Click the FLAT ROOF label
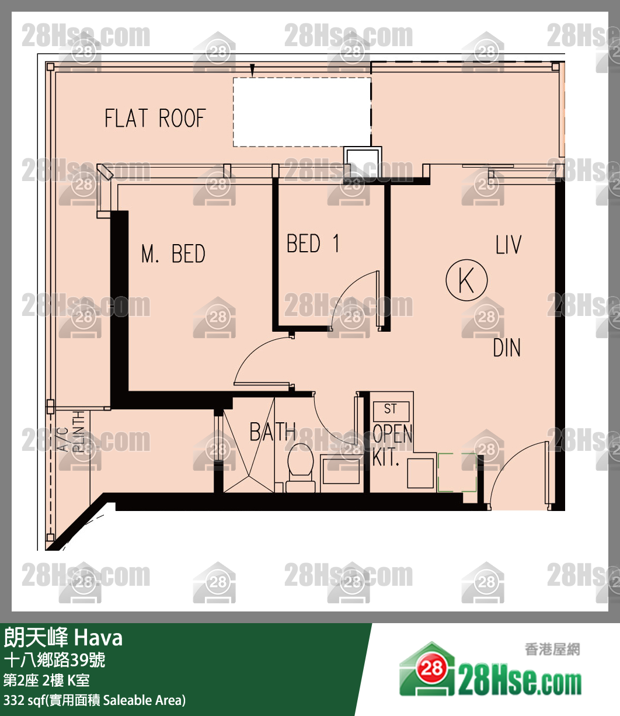(155, 119)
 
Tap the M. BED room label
(173, 255)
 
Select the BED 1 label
(313, 244)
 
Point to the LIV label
(508, 245)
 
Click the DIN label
(507, 349)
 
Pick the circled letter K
(466, 281)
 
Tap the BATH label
(272, 433)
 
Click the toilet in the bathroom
(301, 465)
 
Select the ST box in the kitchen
(391, 410)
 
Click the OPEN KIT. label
(392, 445)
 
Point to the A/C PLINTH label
(72, 433)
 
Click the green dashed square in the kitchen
(457, 472)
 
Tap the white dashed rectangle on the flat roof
(302, 112)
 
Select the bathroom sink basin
(341, 470)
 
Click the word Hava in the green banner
(99, 638)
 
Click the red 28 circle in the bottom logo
(431, 668)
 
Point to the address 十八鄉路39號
(55, 661)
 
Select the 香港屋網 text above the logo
(552, 649)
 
